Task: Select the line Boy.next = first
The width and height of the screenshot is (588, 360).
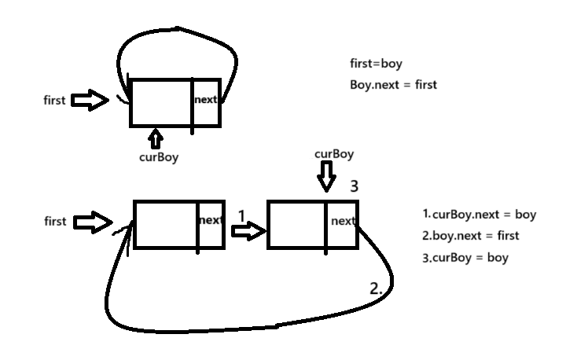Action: (x=393, y=84)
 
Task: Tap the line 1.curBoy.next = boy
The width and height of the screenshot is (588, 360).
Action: (x=479, y=214)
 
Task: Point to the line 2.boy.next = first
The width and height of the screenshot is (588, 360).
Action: (x=471, y=235)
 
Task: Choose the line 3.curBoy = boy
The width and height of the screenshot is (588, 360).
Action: (x=465, y=257)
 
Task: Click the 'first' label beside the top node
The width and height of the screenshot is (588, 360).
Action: (x=56, y=101)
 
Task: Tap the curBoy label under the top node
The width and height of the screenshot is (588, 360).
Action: (x=158, y=157)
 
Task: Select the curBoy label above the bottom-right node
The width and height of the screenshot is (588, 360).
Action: (x=333, y=153)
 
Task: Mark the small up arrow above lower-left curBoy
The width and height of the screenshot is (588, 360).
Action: (x=156, y=139)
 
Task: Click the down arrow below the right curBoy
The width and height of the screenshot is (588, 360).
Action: (x=325, y=178)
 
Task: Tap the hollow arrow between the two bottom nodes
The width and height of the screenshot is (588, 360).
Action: (x=248, y=230)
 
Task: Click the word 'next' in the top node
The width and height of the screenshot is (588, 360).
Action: (x=206, y=100)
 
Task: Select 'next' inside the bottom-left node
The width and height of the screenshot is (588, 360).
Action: (x=211, y=221)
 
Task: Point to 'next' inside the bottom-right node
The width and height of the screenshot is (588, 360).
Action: (x=344, y=221)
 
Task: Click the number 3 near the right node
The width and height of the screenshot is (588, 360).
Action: (x=355, y=186)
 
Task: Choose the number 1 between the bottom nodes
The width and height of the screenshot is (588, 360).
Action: (x=241, y=215)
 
